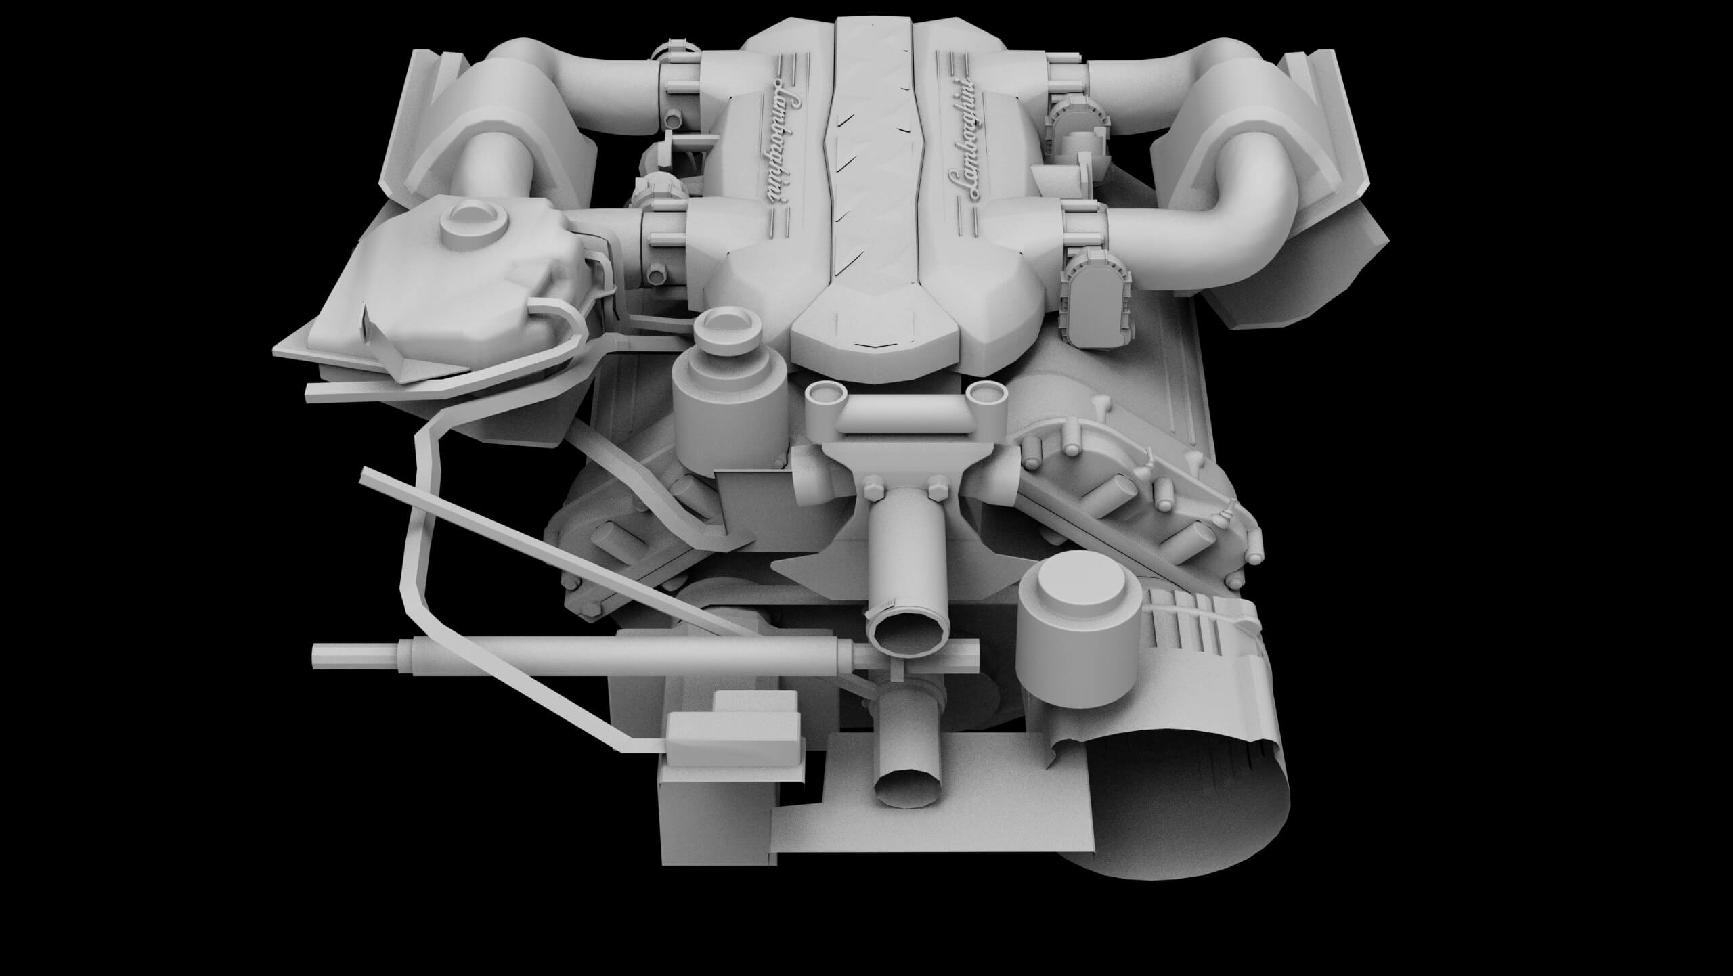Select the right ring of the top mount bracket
[x=986, y=392]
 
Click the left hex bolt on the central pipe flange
[x=873, y=486]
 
